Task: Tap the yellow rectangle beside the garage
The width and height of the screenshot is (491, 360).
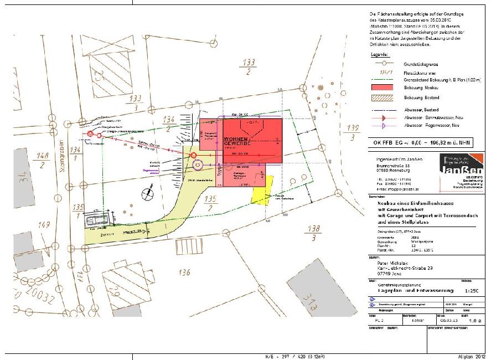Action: tap(259, 194)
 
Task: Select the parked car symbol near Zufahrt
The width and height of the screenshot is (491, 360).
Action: tap(96, 221)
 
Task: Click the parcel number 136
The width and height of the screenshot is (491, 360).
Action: tap(185, 272)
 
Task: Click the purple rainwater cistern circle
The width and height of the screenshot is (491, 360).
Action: tap(198, 164)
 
